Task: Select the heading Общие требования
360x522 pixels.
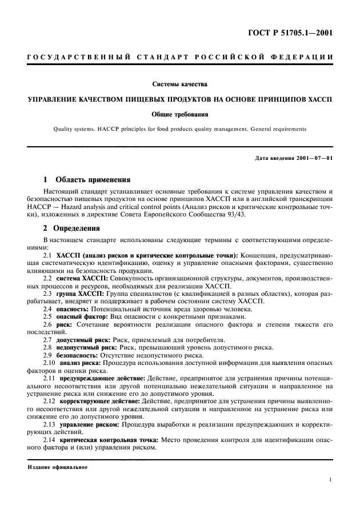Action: point(180,114)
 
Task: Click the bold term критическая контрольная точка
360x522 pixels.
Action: point(110,441)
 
